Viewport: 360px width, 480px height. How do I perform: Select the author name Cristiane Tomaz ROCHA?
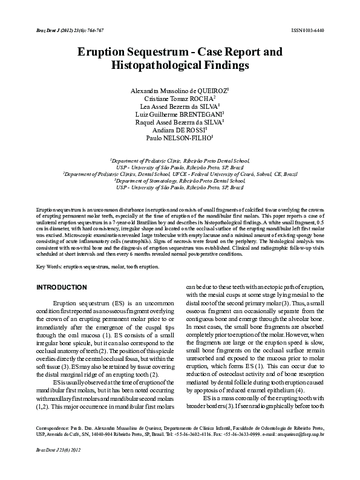(179, 98)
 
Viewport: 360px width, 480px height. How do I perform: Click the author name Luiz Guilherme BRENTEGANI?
(180, 113)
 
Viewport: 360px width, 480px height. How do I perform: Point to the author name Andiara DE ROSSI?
(180, 129)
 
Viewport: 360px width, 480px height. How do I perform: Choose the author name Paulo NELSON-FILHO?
(180, 137)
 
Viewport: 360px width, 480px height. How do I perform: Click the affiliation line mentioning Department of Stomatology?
(180, 180)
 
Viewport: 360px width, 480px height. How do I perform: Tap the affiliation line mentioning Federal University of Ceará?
(180, 173)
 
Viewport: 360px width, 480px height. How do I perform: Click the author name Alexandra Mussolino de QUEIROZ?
(180, 90)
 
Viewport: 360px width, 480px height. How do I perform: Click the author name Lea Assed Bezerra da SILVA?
(180, 106)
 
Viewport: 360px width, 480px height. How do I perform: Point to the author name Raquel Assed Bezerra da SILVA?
(180, 121)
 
